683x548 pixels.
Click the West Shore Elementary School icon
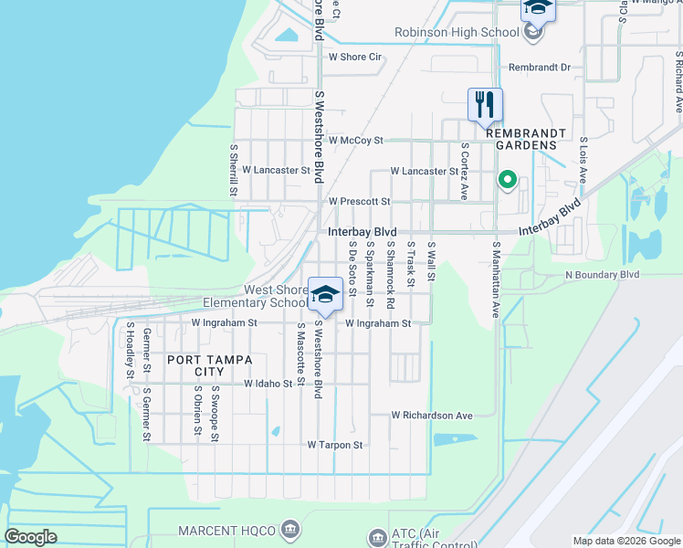(x=324, y=294)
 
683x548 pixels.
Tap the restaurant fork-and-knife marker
(x=485, y=103)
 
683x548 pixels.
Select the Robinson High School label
(x=456, y=33)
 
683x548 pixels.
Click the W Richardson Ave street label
(x=432, y=416)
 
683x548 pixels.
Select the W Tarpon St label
(x=335, y=445)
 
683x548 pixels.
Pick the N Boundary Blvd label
(x=603, y=274)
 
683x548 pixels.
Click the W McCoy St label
(x=355, y=141)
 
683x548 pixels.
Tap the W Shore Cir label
(x=354, y=57)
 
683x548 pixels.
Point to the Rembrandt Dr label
(x=539, y=68)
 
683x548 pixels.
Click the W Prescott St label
(x=359, y=201)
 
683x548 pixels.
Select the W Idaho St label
(x=268, y=385)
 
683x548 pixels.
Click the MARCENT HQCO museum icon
(x=290, y=528)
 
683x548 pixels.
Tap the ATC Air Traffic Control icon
(x=377, y=537)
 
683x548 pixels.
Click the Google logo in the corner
(x=31, y=537)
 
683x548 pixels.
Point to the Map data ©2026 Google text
(x=625, y=541)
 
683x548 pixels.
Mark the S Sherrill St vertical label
(x=234, y=169)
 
